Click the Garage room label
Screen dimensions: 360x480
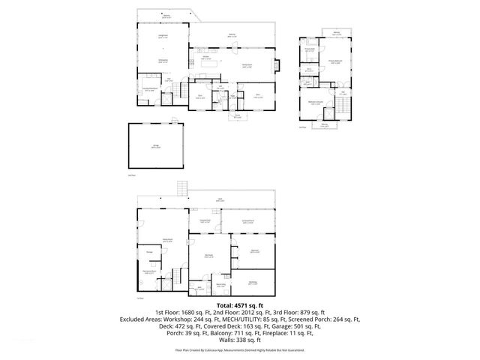[x=155, y=147]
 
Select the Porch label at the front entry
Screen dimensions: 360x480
[x=237, y=116]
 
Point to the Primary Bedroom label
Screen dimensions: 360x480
[x=336, y=62]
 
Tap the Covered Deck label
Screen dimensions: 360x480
[x=205, y=220]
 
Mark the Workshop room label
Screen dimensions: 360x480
[x=252, y=283]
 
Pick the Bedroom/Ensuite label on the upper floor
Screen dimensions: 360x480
[x=316, y=103]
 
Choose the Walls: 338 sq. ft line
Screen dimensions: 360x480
[x=240, y=340]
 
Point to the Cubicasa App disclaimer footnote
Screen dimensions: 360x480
[x=240, y=349]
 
